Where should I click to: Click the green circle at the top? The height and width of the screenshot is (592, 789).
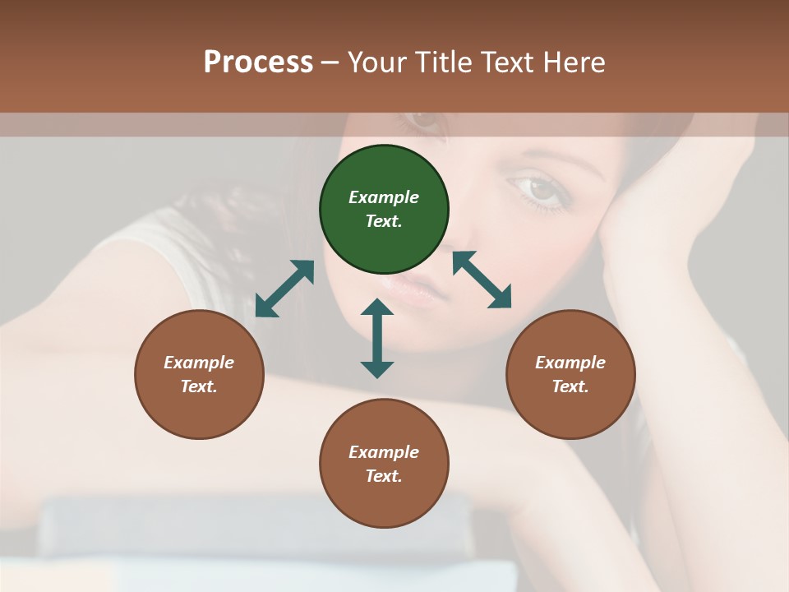[384, 210]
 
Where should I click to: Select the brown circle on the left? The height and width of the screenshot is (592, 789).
[199, 374]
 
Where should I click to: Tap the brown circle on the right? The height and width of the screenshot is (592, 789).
[570, 374]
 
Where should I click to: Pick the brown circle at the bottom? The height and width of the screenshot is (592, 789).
[384, 464]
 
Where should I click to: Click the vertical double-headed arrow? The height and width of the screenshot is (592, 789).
[377, 338]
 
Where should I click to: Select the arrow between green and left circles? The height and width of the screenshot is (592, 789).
[284, 289]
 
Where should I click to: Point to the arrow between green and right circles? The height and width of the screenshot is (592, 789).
[482, 280]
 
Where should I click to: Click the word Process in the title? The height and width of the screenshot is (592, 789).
[258, 62]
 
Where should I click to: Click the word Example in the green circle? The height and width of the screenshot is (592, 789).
[384, 197]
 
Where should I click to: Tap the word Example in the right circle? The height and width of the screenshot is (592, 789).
[570, 363]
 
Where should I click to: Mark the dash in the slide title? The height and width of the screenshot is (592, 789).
[330, 62]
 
